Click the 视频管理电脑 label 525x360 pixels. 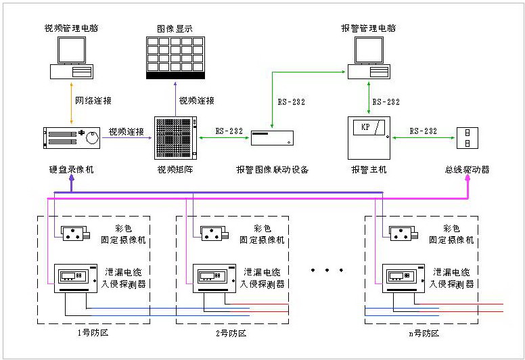click(x=72, y=28)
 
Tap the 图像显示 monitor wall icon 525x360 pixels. click(x=175, y=58)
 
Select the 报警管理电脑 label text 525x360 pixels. click(x=369, y=28)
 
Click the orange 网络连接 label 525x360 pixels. click(x=93, y=101)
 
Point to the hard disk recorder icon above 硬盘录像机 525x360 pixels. click(x=72, y=137)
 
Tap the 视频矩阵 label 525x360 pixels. click(x=175, y=170)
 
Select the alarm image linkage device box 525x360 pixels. click(x=272, y=137)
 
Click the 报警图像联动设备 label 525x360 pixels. click(x=272, y=170)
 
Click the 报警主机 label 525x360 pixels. click(x=369, y=170)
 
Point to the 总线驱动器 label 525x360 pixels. click(x=467, y=170)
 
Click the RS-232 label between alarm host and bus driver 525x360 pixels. click(x=424, y=131)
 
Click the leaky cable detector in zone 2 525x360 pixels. click(x=213, y=278)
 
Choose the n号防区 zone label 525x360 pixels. click(x=424, y=334)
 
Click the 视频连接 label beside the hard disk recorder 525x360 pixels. click(x=127, y=131)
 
